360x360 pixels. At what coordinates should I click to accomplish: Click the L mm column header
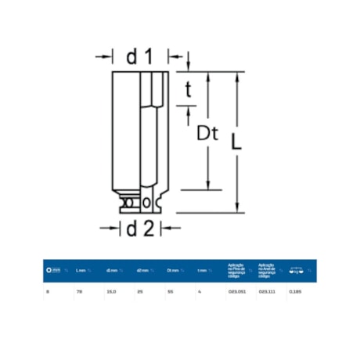pyautogui.click(x=81, y=271)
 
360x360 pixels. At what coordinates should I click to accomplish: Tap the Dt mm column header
pyautogui.click(x=173, y=271)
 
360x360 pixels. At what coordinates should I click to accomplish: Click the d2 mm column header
pyautogui.click(x=142, y=271)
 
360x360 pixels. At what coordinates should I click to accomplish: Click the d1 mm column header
pyautogui.click(x=112, y=271)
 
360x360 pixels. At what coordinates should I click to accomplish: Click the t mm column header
pyautogui.click(x=203, y=271)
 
